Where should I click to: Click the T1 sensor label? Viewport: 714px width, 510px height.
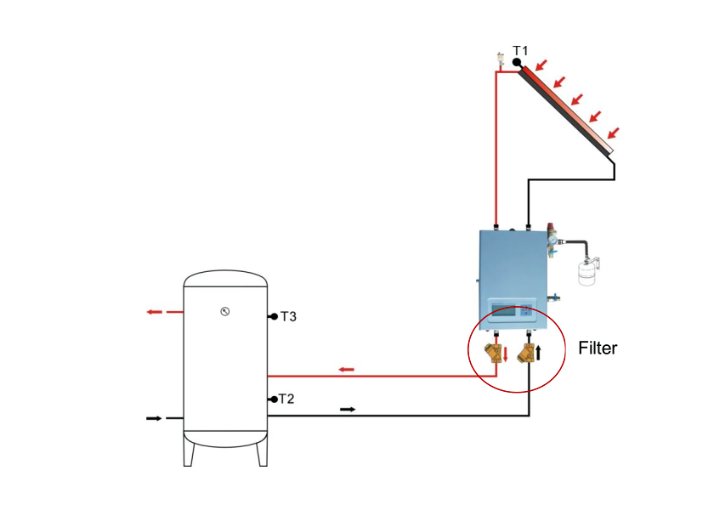[x=520, y=51]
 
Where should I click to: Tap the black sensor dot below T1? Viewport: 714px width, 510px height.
[x=517, y=62]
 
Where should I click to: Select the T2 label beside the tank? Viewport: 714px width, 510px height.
[x=288, y=398]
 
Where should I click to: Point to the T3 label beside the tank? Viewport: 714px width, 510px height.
[x=288, y=316]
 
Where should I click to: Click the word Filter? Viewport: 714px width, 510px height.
[x=598, y=348]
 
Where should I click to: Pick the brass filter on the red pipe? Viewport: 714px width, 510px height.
[x=494, y=353]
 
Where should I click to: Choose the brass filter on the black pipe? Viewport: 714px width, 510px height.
[x=526, y=353]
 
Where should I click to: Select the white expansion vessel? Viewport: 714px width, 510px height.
[x=584, y=269]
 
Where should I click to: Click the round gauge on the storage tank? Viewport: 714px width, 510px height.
[x=224, y=310]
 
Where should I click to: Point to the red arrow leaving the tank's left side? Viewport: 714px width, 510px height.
[x=154, y=312]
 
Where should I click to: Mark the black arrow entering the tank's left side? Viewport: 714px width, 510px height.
[x=154, y=418]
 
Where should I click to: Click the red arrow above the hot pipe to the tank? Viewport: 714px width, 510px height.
[x=346, y=369]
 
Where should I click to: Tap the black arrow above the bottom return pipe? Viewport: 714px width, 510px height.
[x=348, y=409]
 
